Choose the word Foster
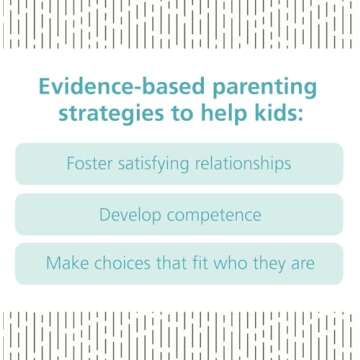pyautogui.click(x=93, y=163)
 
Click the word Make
pyautogui.click(x=68, y=265)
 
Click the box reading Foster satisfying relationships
pyautogui.click(x=180, y=163)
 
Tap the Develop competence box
pyautogui.click(x=180, y=214)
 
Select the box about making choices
pyautogui.click(x=180, y=265)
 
